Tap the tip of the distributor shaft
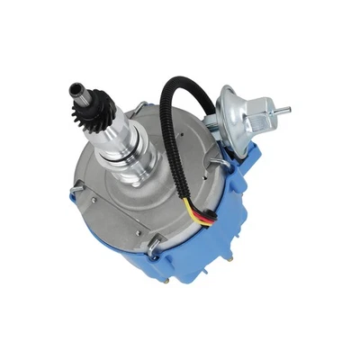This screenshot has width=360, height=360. coord(74,89)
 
